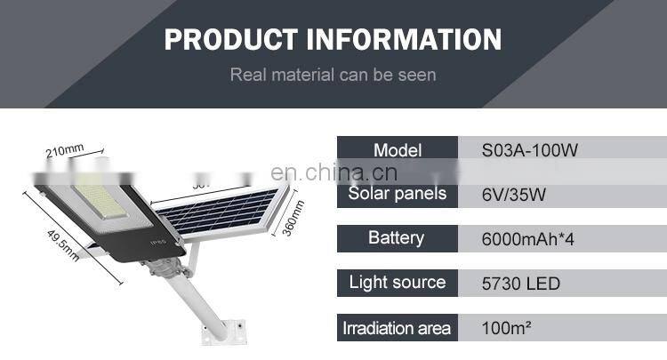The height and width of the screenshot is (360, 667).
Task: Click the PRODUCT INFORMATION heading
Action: point(333,39)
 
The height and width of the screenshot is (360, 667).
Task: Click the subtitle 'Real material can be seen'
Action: point(333,74)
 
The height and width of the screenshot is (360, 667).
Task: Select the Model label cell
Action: point(397,150)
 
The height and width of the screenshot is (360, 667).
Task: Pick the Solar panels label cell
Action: point(397,194)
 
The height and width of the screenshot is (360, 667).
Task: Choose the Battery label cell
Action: point(397,238)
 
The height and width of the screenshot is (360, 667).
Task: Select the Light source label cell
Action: point(397,283)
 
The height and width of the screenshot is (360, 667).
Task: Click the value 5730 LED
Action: point(520,284)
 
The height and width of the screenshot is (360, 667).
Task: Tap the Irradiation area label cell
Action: point(397,328)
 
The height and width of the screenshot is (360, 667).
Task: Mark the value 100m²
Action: point(507,328)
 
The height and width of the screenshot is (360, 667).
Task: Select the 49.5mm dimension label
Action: point(60,240)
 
